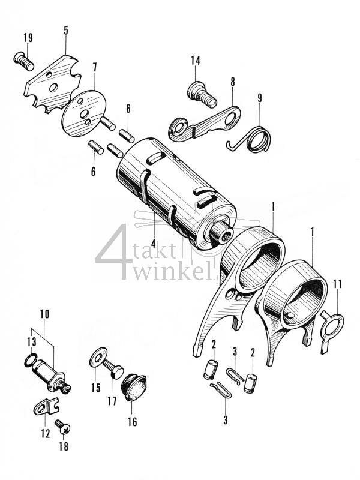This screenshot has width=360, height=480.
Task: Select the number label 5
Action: tap(65, 30)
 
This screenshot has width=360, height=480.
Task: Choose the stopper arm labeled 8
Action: tap(207, 122)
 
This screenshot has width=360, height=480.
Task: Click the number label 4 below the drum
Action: tap(154, 244)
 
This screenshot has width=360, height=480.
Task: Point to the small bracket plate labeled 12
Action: tap(41, 409)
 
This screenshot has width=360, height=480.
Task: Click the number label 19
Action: tap(28, 38)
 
